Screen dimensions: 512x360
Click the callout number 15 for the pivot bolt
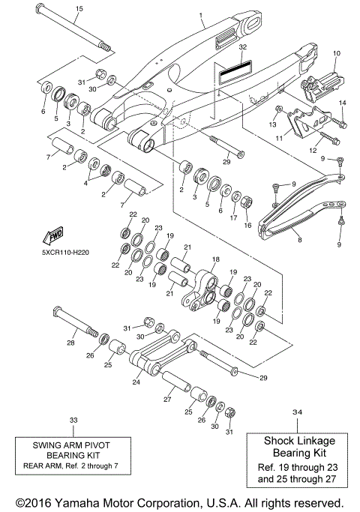click(x=78, y=8)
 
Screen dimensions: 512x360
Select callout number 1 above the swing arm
click(x=201, y=14)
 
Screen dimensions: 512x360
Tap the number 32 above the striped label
click(x=241, y=46)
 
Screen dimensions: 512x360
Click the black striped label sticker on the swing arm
click(x=232, y=65)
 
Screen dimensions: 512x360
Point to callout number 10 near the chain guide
click(x=336, y=54)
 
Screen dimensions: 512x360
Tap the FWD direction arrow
click(x=55, y=236)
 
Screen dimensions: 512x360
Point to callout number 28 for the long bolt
click(x=70, y=342)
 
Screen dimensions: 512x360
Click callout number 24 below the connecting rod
click(x=136, y=382)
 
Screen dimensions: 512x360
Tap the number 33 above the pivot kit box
click(x=73, y=420)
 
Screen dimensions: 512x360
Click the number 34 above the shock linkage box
click(x=298, y=412)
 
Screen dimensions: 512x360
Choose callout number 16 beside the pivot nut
click(x=247, y=224)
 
